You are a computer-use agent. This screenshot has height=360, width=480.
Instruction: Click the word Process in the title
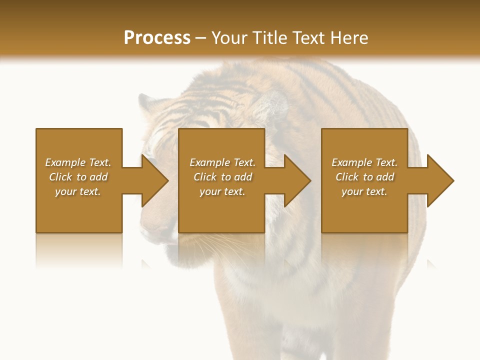click(157, 38)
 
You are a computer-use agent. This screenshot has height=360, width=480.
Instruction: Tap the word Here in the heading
click(348, 38)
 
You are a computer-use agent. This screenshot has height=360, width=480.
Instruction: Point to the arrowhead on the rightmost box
click(439, 180)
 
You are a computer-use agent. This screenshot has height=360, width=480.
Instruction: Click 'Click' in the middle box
click(204, 177)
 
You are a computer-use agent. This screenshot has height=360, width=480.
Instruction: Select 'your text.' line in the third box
click(364, 191)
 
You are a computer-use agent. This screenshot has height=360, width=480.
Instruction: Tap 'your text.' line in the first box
click(78, 191)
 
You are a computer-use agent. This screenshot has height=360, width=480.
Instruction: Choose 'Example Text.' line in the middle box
click(222, 162)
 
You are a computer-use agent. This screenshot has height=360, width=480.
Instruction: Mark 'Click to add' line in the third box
click(364, 177)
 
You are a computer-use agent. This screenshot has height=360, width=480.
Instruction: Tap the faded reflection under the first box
click(79, 250)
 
